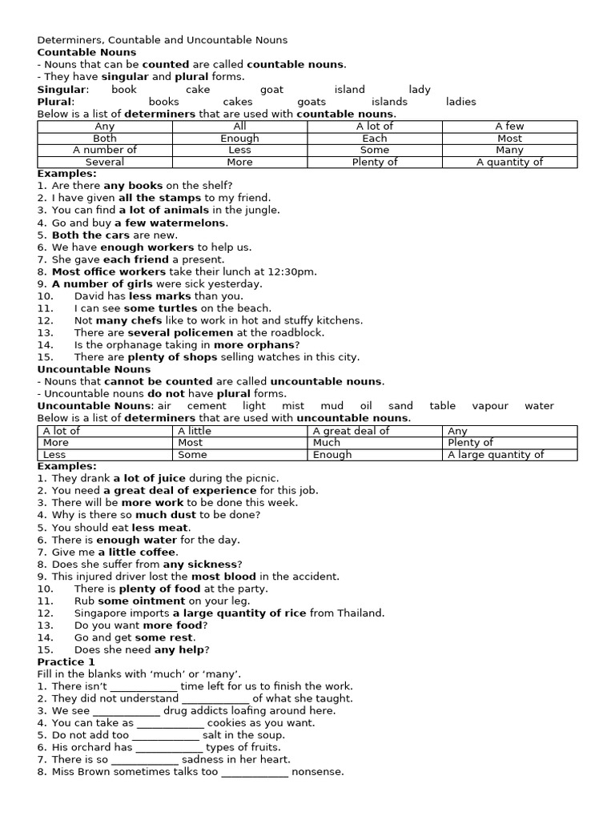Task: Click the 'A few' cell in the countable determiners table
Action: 509,126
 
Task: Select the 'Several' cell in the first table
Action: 105,162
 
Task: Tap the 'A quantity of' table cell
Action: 509,162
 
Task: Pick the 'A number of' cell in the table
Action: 105,150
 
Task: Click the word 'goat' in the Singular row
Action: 271,90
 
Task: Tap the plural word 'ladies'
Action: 460,102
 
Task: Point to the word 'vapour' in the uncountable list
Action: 489,406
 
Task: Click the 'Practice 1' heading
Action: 66,662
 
